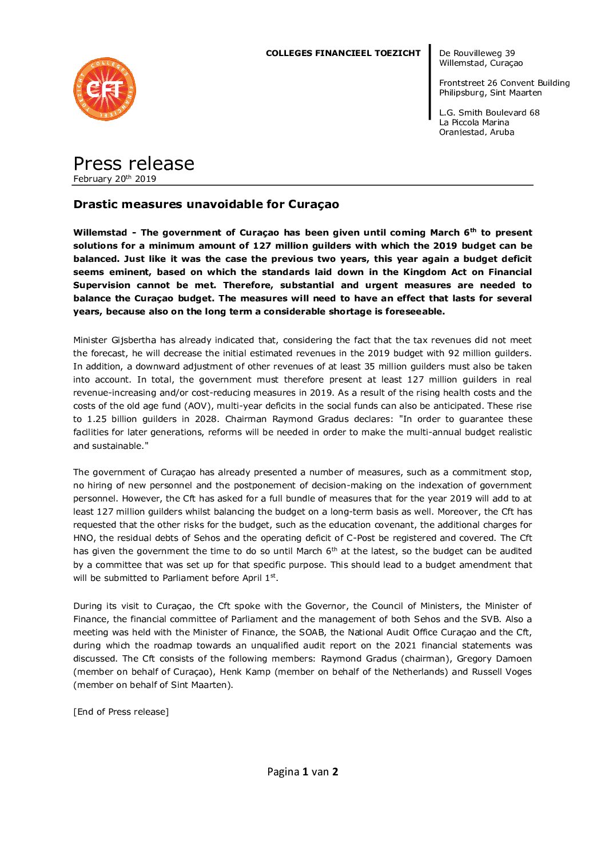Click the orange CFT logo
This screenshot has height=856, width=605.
pos(105,89)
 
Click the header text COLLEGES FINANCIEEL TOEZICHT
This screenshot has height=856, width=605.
pos(343,53)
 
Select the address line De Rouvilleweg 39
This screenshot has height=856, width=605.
pos(477,53)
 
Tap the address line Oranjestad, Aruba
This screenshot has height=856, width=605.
pos(476,132)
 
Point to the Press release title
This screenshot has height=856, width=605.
pos(134,164)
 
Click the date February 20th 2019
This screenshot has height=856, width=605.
pos(114,179)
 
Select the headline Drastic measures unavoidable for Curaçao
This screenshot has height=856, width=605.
pos(206,204)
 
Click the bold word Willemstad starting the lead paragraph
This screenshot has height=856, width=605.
pos(100,233)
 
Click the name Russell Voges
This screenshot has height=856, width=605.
pos(501,672)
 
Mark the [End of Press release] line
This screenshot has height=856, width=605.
pos(121,712)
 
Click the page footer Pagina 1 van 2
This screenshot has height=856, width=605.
pos(302,772)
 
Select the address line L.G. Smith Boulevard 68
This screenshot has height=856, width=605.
pos(489,113)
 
